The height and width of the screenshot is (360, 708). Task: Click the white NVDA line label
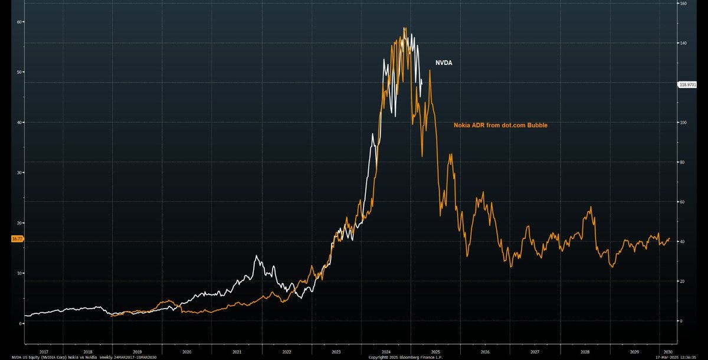444,63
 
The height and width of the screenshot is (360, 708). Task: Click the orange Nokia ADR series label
504,125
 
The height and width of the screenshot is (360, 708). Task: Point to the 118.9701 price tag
688,84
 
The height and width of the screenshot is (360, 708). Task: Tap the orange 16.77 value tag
17,239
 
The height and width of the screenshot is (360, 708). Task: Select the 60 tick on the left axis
20,22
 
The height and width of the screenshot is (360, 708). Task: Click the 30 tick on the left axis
20,173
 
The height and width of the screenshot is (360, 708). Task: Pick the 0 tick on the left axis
21,323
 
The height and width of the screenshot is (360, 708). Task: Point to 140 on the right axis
683,43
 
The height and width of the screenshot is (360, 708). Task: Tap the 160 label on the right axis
683,4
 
